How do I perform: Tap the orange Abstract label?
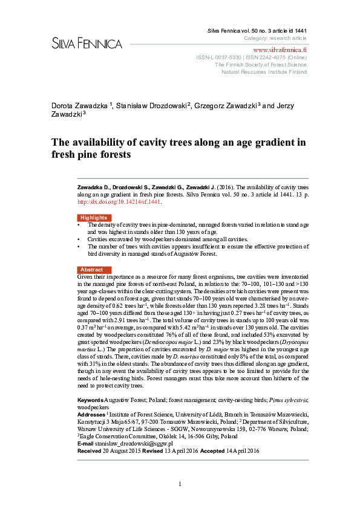point(91,270)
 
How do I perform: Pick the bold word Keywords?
point(90,401)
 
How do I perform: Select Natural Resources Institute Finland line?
point(264,71)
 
